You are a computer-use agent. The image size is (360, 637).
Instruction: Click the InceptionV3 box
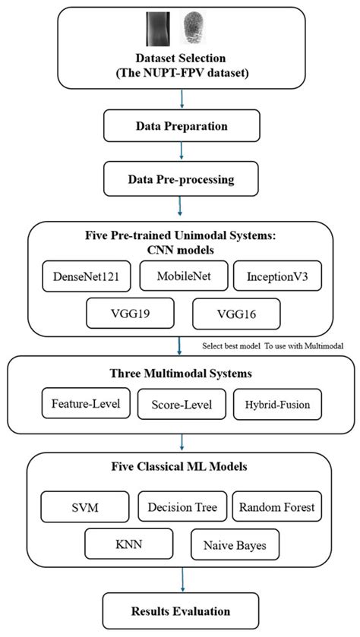click(x=272, y=276)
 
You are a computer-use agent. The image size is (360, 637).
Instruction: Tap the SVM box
click(x=81, y=506)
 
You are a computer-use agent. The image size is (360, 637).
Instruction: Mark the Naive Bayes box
click(x=235, y=544)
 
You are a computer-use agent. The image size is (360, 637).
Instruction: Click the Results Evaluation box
click(x=181, y=610)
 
